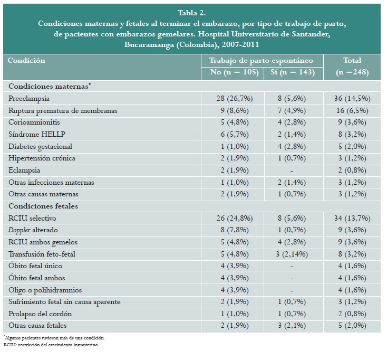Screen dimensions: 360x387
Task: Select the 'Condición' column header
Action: [x=26, y=60]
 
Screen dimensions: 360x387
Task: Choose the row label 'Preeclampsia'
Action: [x=29, y=98]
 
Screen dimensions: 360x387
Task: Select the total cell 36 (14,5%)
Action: [x=352, y=98]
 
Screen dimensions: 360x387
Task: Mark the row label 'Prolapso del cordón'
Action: [x=41, y=314]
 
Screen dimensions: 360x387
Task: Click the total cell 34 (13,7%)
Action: [x=352, y=218]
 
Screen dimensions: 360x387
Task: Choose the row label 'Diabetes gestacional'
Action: [x=41, y=146]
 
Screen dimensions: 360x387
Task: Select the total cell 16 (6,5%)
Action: [x=352, y=110]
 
